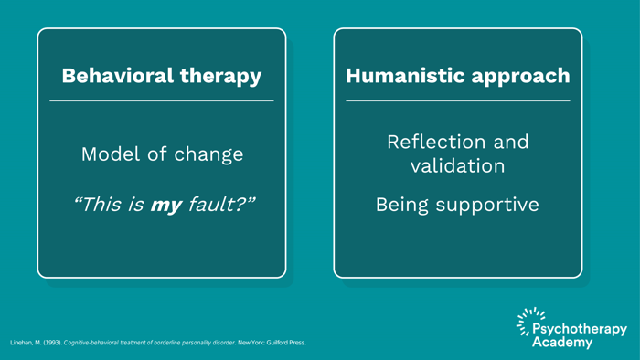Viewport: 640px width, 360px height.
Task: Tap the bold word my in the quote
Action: pyautogui.click(x=165, y=204)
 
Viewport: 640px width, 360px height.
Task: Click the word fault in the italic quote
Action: pyautogui.click(x=216, y=204)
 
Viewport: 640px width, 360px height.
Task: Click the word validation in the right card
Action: pyautogui.click(x=457, y=166)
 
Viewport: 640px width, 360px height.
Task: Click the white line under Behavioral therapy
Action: pyautogui.click(x=161, y=101)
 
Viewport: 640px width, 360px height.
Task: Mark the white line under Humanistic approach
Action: pyautogui.click(x=457, y=101)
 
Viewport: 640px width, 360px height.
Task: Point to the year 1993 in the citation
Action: pyautogui.click(x=51, y=343)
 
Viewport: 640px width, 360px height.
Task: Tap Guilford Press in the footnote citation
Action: pyautogui.click(x=280, y=343)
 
